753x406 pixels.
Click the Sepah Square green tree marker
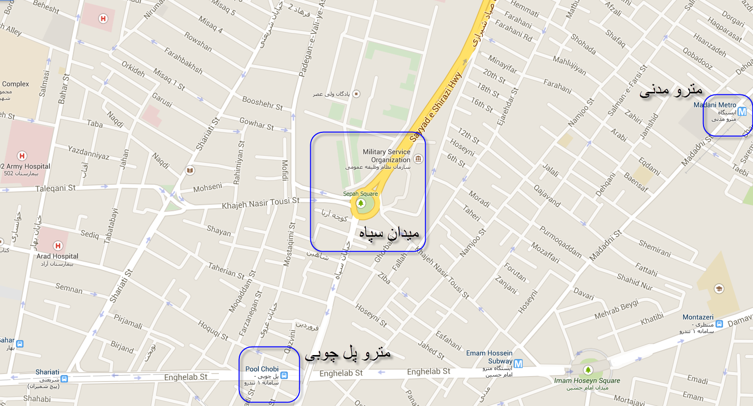361,203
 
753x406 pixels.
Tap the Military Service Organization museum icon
418,159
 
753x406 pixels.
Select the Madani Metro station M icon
742,112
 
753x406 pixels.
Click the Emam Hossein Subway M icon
518,364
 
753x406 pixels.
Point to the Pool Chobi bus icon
284,375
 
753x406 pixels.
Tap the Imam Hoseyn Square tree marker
588,370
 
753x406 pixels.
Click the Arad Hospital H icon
57,246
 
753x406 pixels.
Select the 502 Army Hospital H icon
21,156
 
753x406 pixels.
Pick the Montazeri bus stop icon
719,324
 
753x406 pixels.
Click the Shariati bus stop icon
63,379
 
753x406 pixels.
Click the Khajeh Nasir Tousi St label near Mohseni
261,203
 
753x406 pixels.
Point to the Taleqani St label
55,188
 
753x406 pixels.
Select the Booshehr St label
262,103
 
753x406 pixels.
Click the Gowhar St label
256,123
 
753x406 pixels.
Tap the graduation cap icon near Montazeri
719,289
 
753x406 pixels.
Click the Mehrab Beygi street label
617,310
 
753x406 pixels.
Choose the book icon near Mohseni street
190,171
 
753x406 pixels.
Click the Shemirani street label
655,248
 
